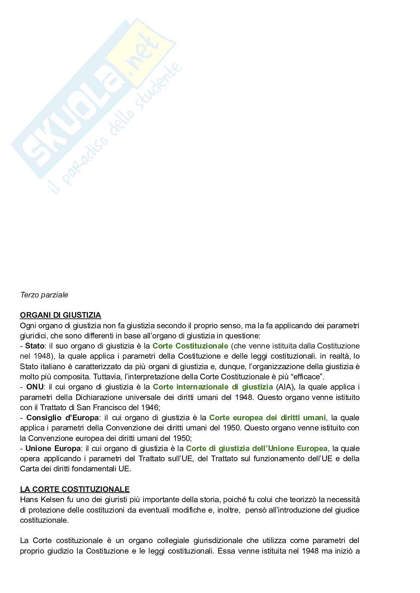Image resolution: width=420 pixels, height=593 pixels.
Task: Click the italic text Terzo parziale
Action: [x=44, y=295]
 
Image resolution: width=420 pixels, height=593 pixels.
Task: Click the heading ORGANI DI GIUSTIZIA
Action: [x=60, y=315]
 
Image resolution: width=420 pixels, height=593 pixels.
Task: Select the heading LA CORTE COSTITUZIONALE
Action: [x=74, y=489]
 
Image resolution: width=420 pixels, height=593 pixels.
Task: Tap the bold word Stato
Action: [x=35, y=346]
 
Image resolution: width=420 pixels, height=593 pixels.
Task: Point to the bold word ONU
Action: [x=35, y=387]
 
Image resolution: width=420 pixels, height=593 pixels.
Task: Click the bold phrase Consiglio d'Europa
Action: [x=62, y=418]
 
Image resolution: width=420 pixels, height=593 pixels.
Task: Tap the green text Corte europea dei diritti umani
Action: [x=267, y=418]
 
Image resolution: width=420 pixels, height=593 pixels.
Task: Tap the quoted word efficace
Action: [x=306, y=377]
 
